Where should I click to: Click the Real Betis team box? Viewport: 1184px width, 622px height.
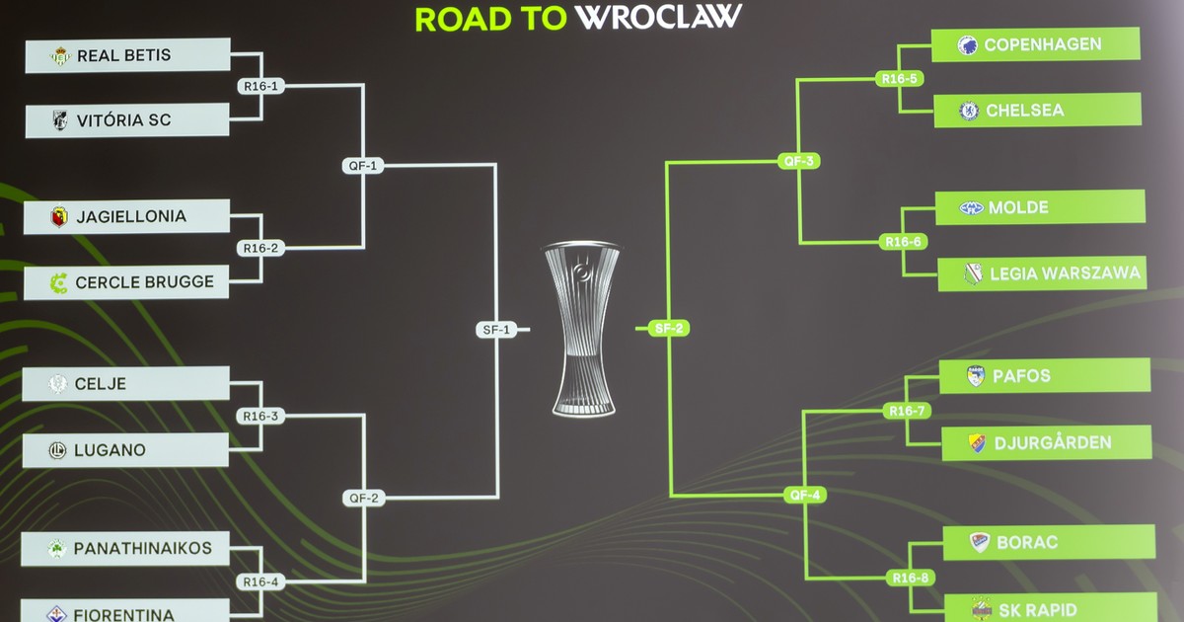pos(127,55)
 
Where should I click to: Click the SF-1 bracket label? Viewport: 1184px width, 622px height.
pos(495,330)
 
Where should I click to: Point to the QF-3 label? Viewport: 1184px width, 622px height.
pos(799,161)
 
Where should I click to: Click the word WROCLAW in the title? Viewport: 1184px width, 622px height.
pos(658,17)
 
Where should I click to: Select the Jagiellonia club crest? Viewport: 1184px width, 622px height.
pos(59,217)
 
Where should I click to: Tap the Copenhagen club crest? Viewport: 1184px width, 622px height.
pos(967,45)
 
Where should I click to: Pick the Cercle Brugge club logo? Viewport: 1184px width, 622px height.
pos(59,283)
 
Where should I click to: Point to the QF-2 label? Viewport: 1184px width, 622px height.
pos(363,498)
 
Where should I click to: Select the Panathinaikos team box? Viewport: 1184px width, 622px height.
pos(127,548)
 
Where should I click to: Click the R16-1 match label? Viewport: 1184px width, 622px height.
pos(261,86)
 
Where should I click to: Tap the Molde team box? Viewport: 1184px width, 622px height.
pos(1040,207)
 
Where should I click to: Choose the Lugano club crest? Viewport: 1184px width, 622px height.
pos(57,451)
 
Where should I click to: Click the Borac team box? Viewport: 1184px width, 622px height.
pos(1049,542)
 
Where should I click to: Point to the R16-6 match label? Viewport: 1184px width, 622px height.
pos(903,242)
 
